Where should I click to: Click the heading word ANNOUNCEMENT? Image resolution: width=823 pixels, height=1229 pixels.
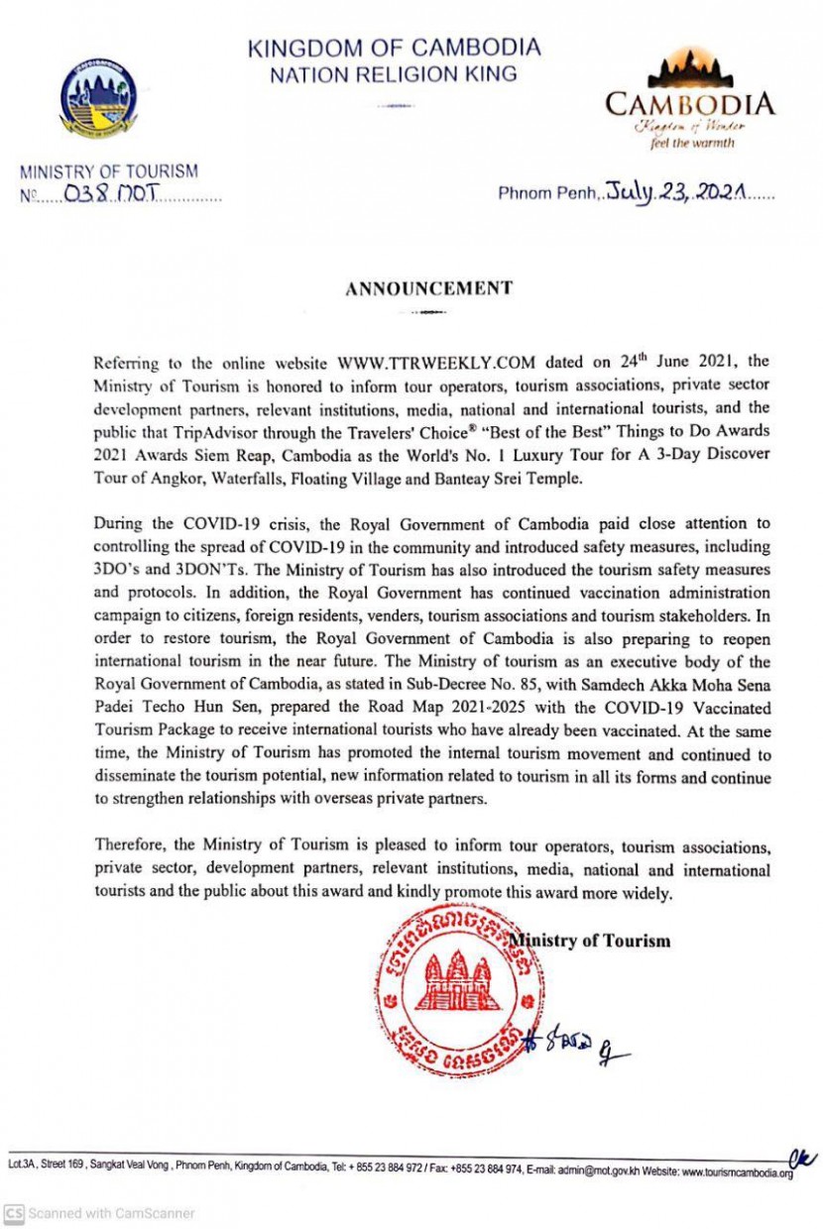coord(428,288)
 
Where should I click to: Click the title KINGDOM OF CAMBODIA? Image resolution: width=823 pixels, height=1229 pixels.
coord(394,47)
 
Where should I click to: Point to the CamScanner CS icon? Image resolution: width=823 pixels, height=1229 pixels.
coord(14,1213)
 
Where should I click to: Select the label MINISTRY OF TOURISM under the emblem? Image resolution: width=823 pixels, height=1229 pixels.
coord(109,171)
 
